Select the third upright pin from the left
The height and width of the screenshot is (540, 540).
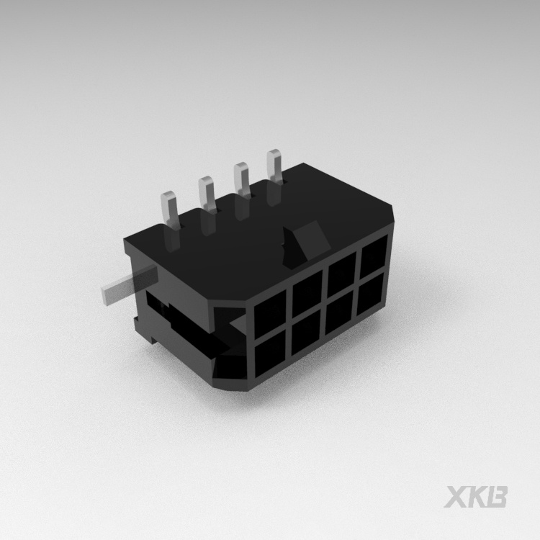click(241, 180)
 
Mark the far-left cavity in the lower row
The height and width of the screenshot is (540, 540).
click(271, 356)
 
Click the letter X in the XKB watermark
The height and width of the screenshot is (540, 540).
click(456, 498)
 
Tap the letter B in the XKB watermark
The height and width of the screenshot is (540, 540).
click(498, 498)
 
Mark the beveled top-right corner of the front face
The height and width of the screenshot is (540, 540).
click(393, 216)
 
